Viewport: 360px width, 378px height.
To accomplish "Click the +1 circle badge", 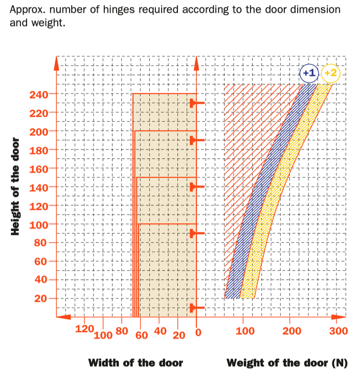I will [309, 73].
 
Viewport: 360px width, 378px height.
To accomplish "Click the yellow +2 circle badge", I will [330, 73].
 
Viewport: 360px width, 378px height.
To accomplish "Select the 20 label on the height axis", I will [43, 298].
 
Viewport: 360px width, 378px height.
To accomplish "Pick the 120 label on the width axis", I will [84, 329].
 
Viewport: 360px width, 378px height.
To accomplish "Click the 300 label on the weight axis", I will [338, 331].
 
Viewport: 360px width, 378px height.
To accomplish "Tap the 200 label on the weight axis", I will [291, 331].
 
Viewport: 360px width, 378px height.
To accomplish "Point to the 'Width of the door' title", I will [136, 363].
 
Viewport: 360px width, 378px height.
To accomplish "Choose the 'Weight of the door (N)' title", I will [287, 363].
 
